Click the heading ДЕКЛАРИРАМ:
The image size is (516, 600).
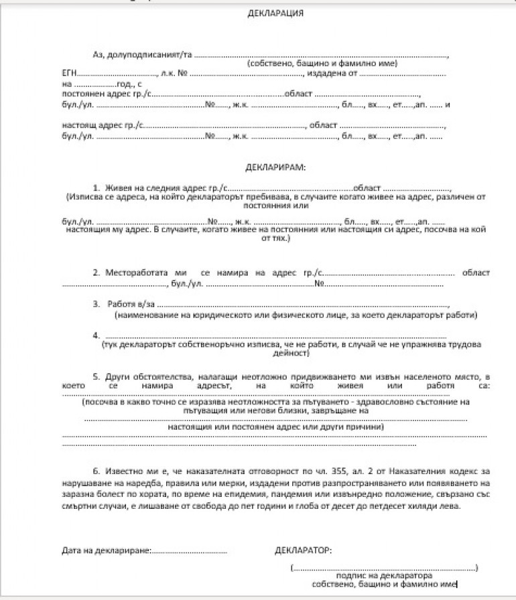275,167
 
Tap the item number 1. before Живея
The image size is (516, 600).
96,188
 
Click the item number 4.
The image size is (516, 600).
96,334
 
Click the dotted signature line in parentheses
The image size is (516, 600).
385,567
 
